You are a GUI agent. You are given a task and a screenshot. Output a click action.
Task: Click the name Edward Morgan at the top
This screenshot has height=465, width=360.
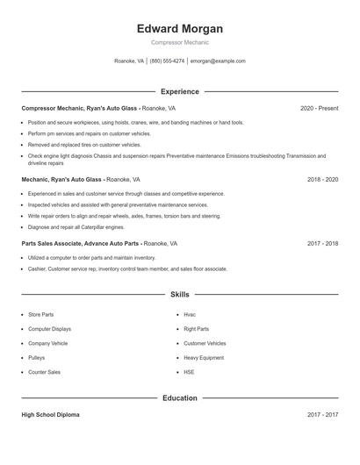coord(180,28)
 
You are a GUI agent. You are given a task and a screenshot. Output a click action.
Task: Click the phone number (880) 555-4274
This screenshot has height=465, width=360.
coord(167,61)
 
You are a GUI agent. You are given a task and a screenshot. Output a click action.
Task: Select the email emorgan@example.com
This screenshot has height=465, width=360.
coord(218,61)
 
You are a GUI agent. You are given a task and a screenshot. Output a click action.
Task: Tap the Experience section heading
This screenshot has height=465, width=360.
coord(180,91)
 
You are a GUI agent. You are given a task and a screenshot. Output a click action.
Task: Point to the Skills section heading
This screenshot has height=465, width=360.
coord(180,295)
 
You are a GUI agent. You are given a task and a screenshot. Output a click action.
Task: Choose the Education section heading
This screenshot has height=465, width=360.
coord(180,398)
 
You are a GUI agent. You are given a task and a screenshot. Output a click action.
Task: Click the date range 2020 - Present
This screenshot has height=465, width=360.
coord(319,108)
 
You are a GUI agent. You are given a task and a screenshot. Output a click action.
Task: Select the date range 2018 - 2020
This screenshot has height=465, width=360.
coord(322,179)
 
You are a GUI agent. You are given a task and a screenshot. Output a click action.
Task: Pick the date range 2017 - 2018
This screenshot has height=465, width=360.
coord(322,243)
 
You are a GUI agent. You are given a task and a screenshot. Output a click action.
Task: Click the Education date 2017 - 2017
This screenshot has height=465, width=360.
coord(322,415)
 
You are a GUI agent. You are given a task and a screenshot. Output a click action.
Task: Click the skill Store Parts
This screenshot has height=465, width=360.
coord(40,314)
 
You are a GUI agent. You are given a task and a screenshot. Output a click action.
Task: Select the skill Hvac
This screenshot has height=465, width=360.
coord(190,314)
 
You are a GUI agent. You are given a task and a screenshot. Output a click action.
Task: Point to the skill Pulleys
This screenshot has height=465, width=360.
coord(37,358)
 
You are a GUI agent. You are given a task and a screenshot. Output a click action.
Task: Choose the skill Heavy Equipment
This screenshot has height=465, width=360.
coord(204,358)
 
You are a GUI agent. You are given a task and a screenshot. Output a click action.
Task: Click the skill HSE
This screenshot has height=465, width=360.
coord(189,372)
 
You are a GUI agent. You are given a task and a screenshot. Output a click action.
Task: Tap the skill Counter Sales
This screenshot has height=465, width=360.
coord(44,372)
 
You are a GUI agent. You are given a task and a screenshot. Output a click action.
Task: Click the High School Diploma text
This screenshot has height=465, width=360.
coord(51,415)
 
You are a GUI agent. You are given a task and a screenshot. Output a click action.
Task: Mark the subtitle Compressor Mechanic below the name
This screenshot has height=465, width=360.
coord(180,42)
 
